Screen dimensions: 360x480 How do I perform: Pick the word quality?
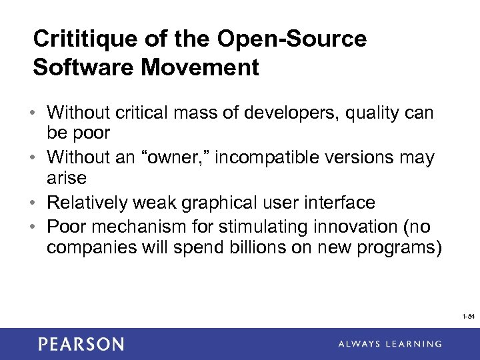pos(371,113)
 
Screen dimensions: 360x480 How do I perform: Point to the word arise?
pos(67,178)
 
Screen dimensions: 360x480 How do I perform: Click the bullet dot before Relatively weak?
pos(37,203)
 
